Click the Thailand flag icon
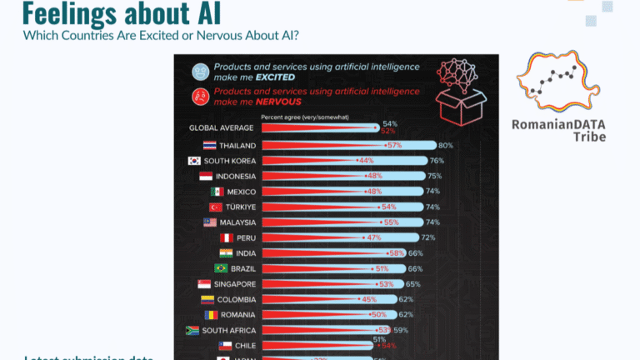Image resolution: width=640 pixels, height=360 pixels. point(201,145)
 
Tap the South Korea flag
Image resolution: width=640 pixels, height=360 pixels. point(194,161)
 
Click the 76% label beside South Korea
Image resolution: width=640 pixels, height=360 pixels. point(436,161)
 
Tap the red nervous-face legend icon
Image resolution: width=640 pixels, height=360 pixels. point(200,96)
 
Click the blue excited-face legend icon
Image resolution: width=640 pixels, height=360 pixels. point(200,72)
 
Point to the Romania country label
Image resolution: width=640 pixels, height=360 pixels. point(238,315)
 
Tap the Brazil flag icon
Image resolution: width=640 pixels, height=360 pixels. point(221,268)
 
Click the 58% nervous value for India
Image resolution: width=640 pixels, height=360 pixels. point(396,252)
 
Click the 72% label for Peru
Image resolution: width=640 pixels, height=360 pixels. point(427,237)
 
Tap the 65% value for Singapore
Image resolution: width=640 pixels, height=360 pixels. point(413,284)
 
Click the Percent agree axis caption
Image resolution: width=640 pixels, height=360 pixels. point(305,117)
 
